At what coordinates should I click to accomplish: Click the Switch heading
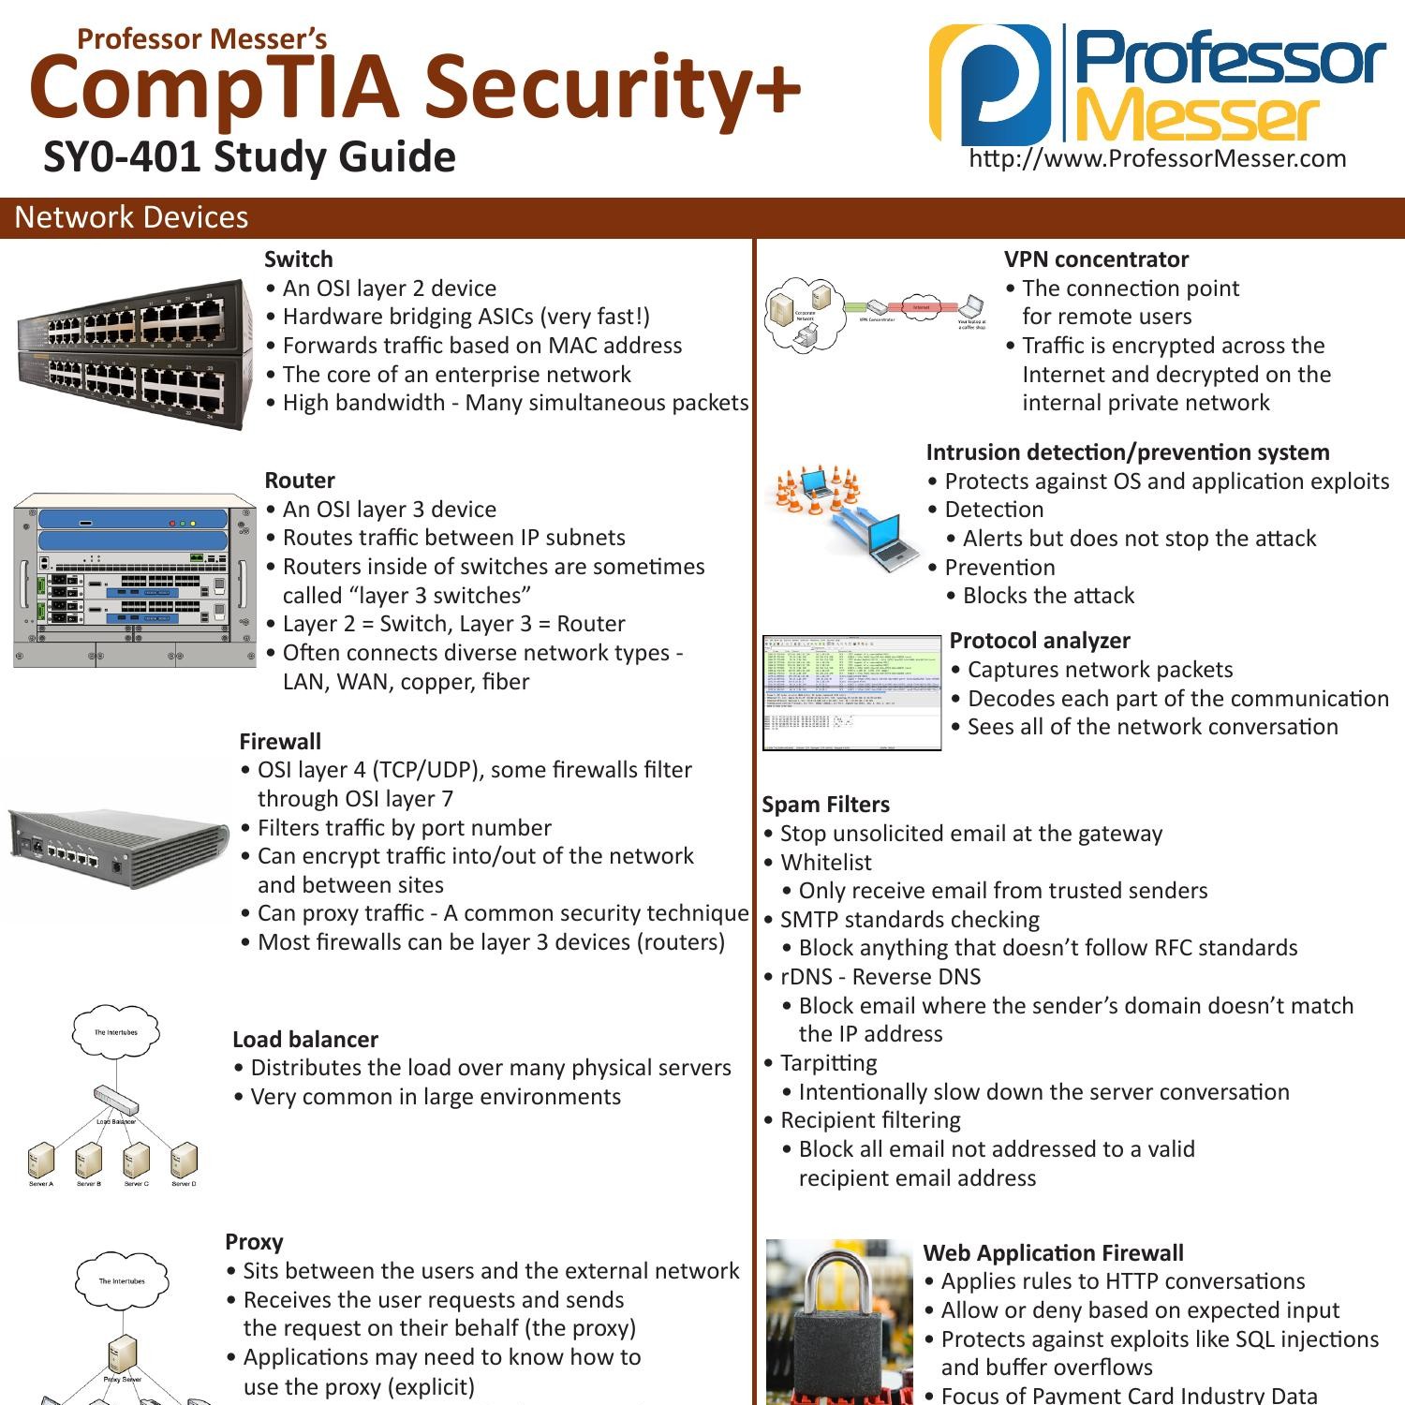coord(298,259)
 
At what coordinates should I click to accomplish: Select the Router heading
coord(299,481)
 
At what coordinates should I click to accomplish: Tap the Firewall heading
coord(279,742)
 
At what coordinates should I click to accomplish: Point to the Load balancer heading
coord(304,1040)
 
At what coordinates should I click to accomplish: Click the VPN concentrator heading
coord(1096,259)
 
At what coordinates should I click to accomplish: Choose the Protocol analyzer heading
coord(1040,641)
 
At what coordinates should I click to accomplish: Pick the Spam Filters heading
coord(825,805)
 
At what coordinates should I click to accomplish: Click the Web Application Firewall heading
coord(1053,1253)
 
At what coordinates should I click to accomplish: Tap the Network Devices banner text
coord(131,217)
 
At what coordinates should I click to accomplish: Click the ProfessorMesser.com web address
coord(1158,158)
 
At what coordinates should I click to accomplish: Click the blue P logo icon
coord(990,84)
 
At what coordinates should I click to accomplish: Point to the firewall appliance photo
coord(119,847)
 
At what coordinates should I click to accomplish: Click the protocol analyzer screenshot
coord(851,692)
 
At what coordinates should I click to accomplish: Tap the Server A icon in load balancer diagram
coord(40,1161)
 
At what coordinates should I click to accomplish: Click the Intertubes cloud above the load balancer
coord(116,1033)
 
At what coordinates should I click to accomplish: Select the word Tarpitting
coord(828,1063)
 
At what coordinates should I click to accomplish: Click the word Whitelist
coord(825,863)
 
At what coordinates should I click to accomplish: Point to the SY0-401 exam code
coord(122,156)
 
